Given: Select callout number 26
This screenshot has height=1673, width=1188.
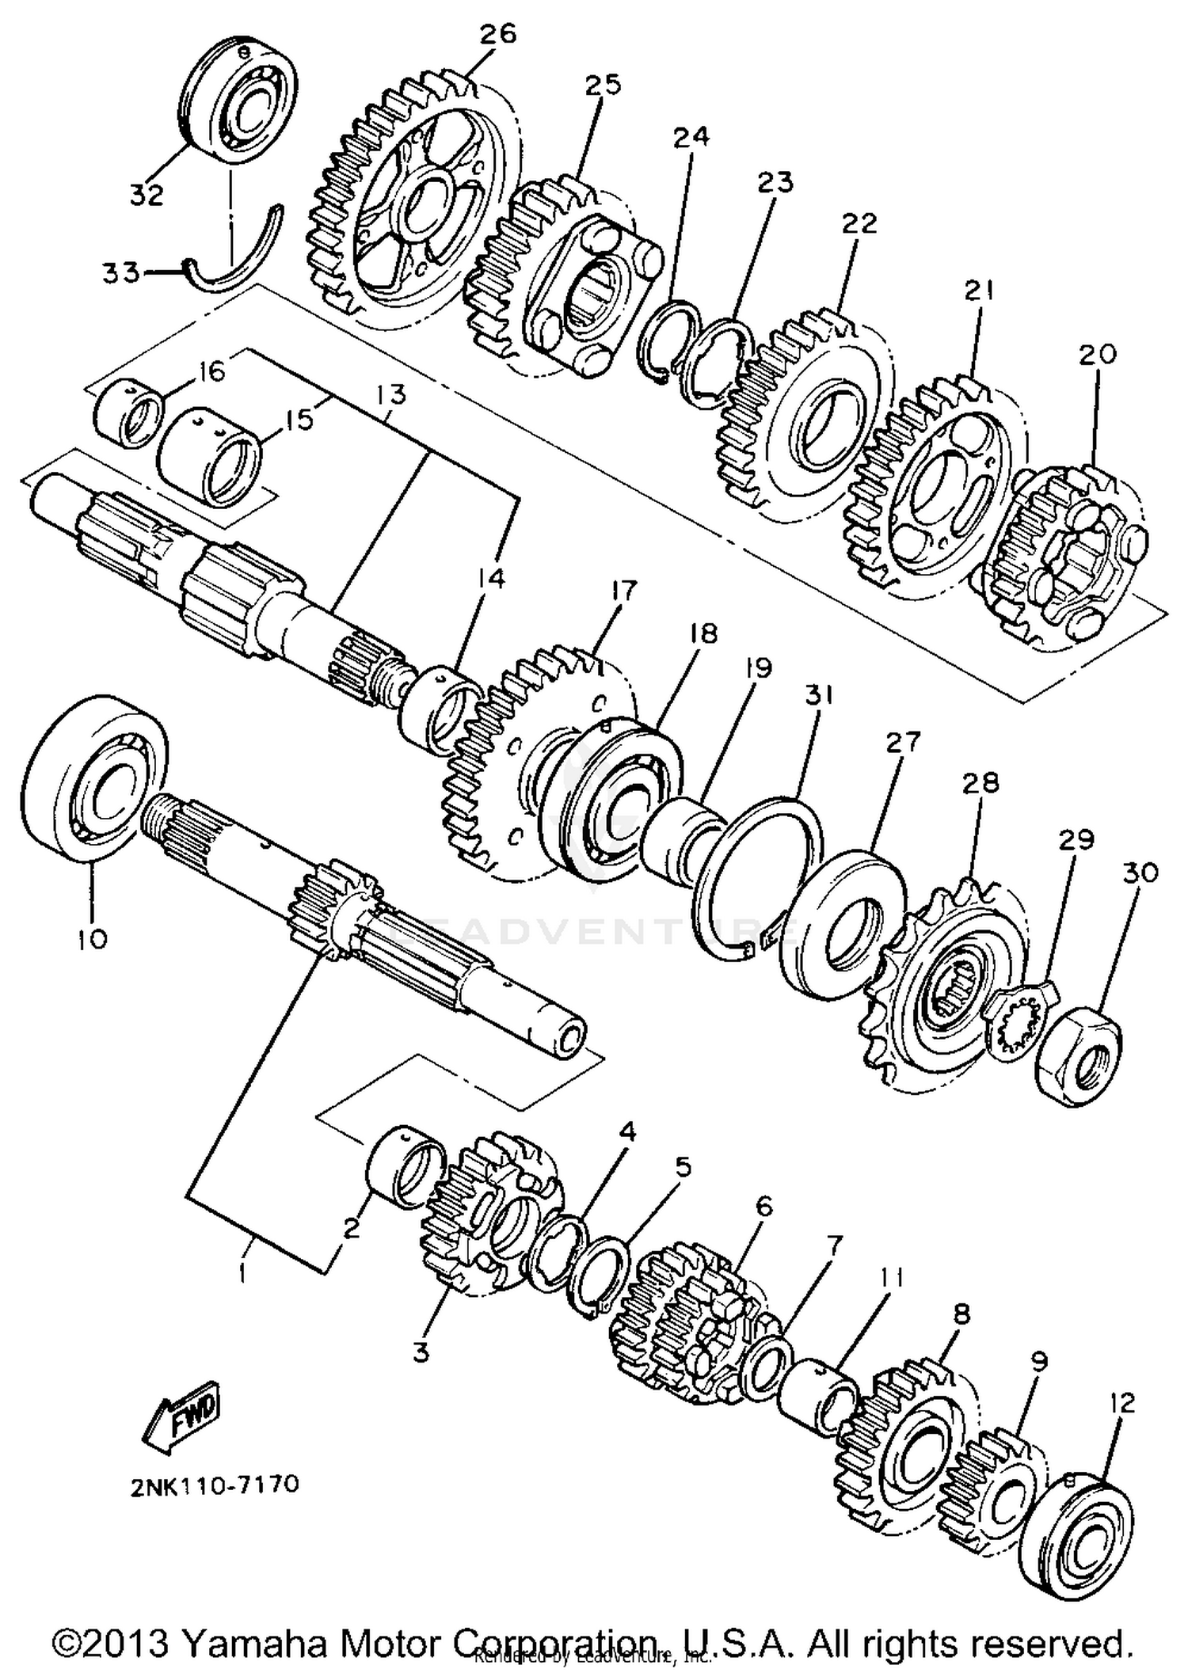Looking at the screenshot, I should (x=497, y=35).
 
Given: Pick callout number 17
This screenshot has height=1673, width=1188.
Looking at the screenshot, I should (x=623, y=591).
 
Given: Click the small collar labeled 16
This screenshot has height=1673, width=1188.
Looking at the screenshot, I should (x=128, y=413).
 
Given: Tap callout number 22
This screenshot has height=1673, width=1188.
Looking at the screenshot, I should (x=859, y=224).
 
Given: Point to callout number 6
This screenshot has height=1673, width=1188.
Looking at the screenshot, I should (x=763, y=1207).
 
